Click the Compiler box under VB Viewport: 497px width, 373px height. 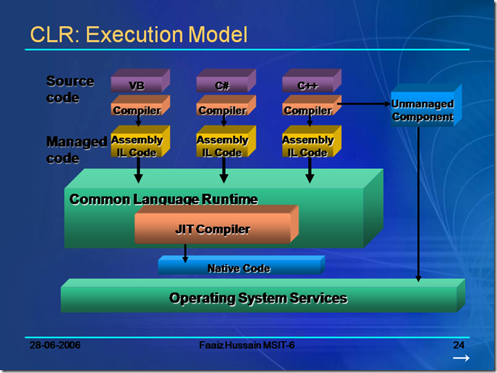(x=137, y=110)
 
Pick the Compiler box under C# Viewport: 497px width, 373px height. (x=222, y=110)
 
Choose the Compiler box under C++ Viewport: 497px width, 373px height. (x=308, y=110)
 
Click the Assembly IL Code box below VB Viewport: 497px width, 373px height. (x=137, y=145)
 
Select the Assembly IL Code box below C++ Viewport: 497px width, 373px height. (x=308, y=145)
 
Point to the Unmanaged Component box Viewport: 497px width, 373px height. (x=421, y=111)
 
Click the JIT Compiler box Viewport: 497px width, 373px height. (x=212, y=229)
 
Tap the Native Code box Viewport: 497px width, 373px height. (x=238, y=268)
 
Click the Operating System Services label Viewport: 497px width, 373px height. (x=258, y=298)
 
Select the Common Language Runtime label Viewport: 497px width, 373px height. (x=163, y=199)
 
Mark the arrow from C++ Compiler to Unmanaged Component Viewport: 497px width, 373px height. (x=363, y=104)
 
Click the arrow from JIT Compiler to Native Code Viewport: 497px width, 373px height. (x=185, y=253)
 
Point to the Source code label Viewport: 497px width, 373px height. (x=70, y=89)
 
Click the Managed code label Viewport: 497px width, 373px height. (x=76, y=149)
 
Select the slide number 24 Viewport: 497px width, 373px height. (x=458, y=345)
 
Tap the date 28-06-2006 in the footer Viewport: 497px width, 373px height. (x=54, y=345)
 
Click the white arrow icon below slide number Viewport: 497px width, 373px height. (x=461, y=358)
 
